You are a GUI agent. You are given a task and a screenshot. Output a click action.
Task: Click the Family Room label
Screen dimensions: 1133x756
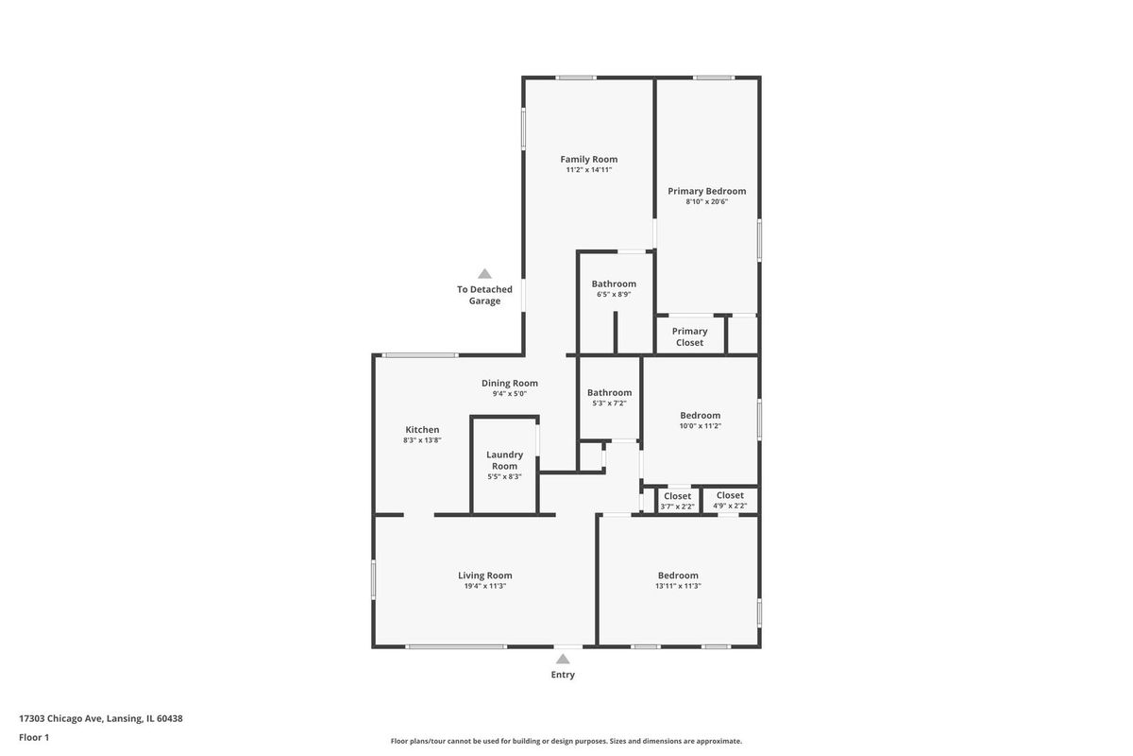point(589,159)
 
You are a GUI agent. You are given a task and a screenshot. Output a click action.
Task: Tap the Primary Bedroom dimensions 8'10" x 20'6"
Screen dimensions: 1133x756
point(706,201)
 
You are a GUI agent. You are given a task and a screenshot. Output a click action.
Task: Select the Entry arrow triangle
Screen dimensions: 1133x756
point(563,659)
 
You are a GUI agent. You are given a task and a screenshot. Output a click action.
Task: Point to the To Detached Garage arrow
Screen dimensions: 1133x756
point(484,273)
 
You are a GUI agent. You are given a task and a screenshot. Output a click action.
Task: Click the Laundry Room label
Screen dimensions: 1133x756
point(505,460)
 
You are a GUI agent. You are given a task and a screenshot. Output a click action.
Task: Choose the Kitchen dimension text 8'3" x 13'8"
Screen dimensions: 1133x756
point(422,440)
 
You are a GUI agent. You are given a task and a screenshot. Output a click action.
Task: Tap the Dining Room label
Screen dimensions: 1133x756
point(509,384)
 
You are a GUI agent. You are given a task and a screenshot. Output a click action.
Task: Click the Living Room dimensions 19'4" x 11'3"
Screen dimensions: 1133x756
point(485,586)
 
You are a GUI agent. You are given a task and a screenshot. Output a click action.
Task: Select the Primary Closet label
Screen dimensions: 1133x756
point(689,336)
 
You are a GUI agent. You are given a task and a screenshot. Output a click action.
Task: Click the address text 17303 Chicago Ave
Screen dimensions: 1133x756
point(60,718)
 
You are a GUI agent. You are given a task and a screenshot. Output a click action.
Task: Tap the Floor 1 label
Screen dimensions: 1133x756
point(34,737)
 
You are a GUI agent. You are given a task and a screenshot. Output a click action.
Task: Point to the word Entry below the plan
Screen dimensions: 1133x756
point(563,675)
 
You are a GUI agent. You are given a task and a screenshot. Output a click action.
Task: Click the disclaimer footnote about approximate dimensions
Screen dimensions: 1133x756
point(566,741)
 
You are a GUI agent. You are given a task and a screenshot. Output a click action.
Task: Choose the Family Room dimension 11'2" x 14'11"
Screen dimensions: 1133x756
point(589,170)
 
